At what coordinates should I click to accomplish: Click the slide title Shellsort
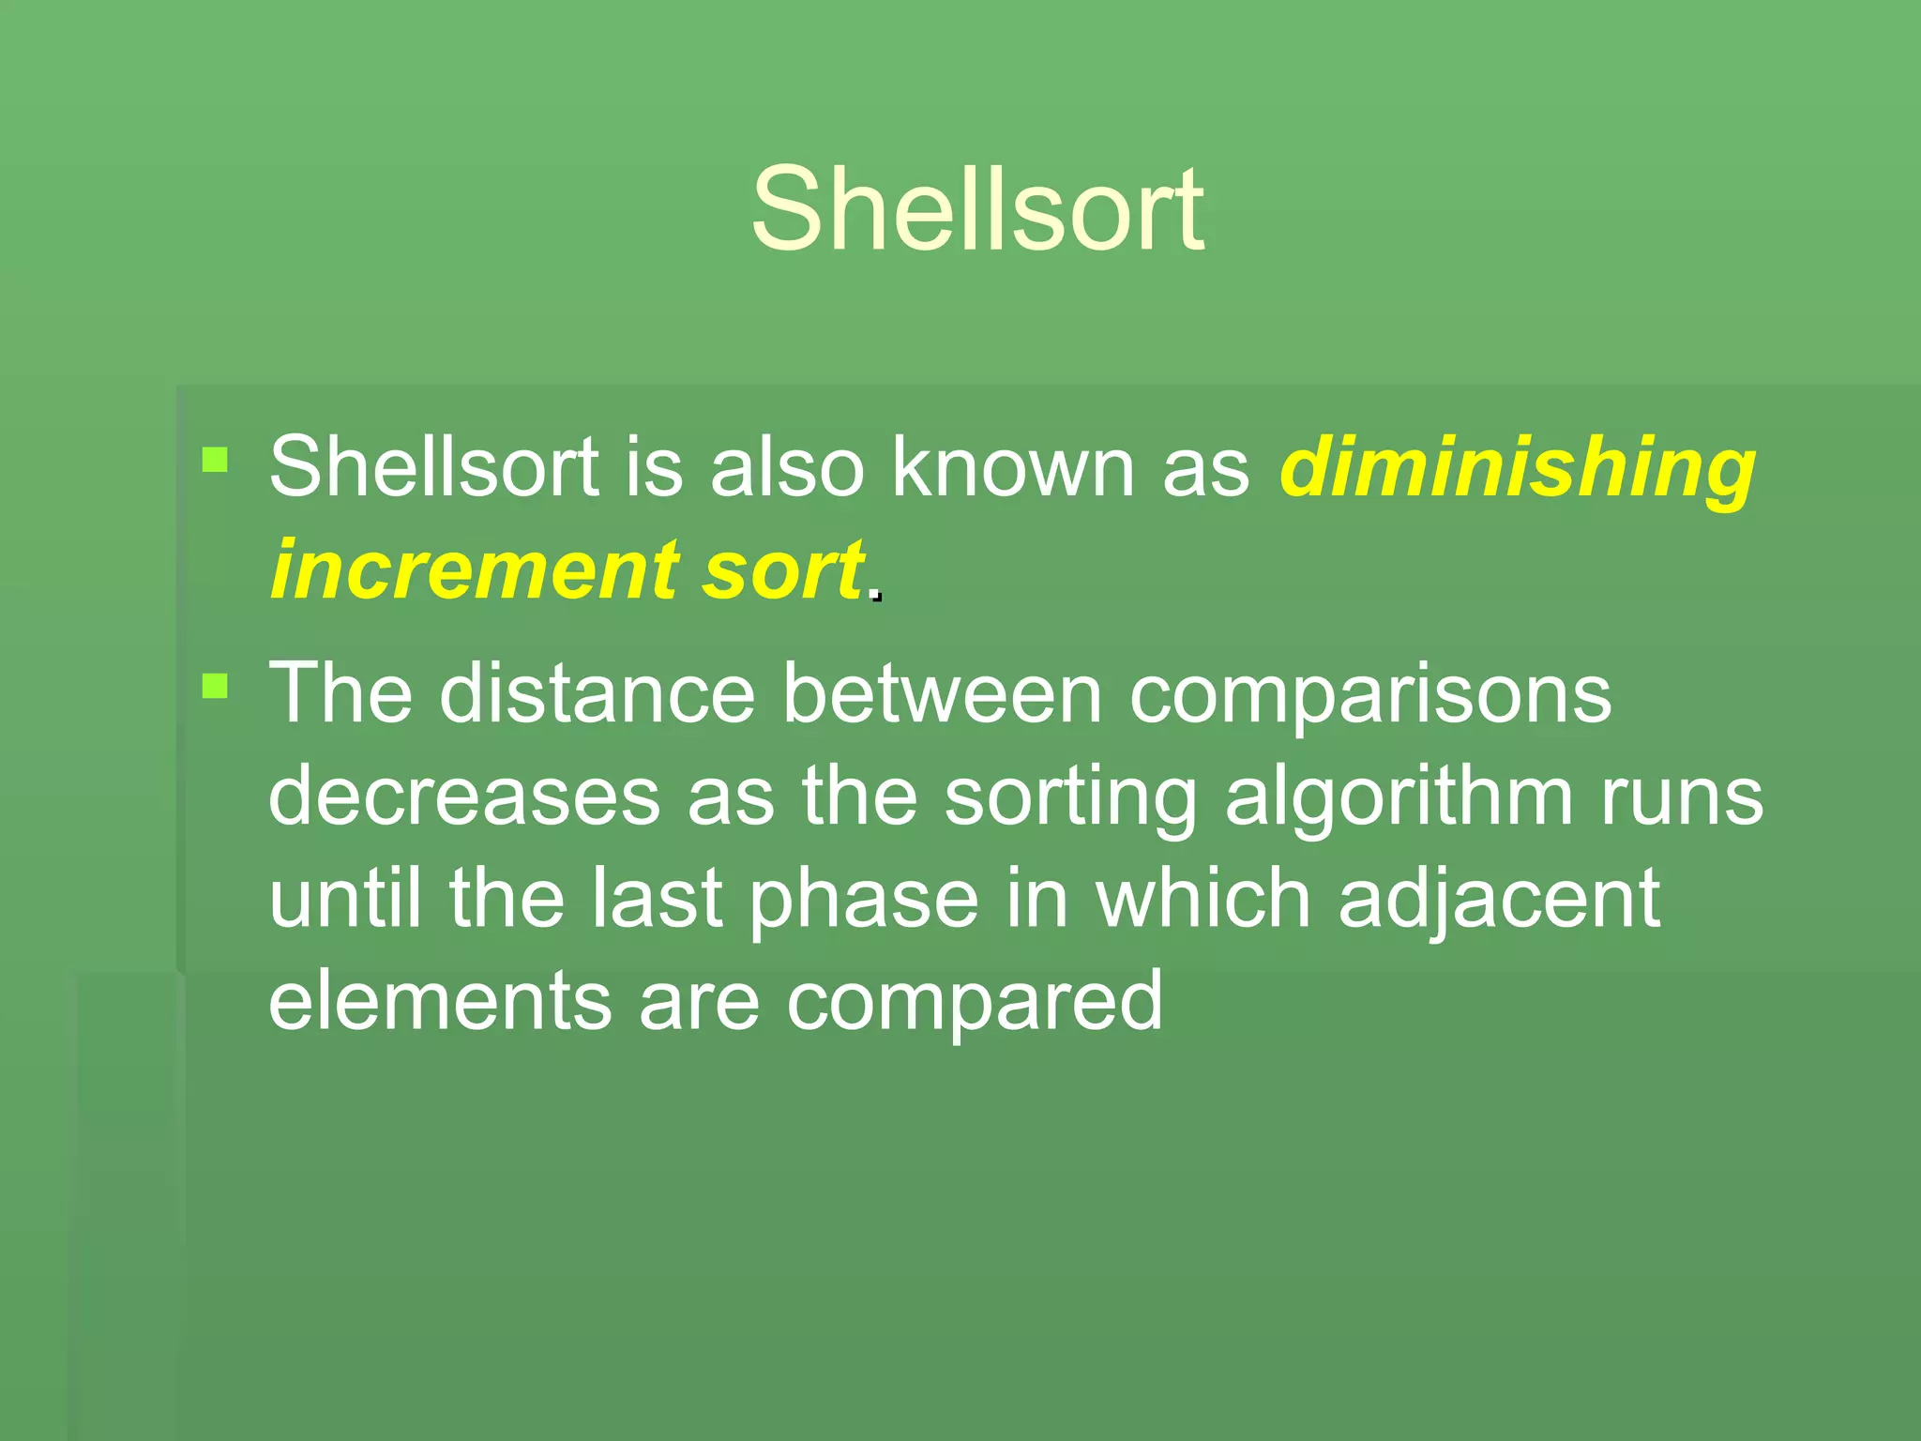click(x=976, y=209)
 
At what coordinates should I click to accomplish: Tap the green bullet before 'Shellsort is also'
click(x=215, y=460)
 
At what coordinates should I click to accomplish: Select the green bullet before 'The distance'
click(x=215, y=686)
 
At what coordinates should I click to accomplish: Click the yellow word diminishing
click(x=1517, y=468)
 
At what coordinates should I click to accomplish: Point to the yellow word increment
click(x=475, y=569)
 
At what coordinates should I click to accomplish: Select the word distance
click(x=597, y=693)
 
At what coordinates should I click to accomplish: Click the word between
click(x=942, y=693)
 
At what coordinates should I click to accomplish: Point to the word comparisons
click(x=1370, y=695)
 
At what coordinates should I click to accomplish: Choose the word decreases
click(x=464, y=796)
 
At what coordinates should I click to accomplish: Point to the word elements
click(x=440, y=1001)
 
